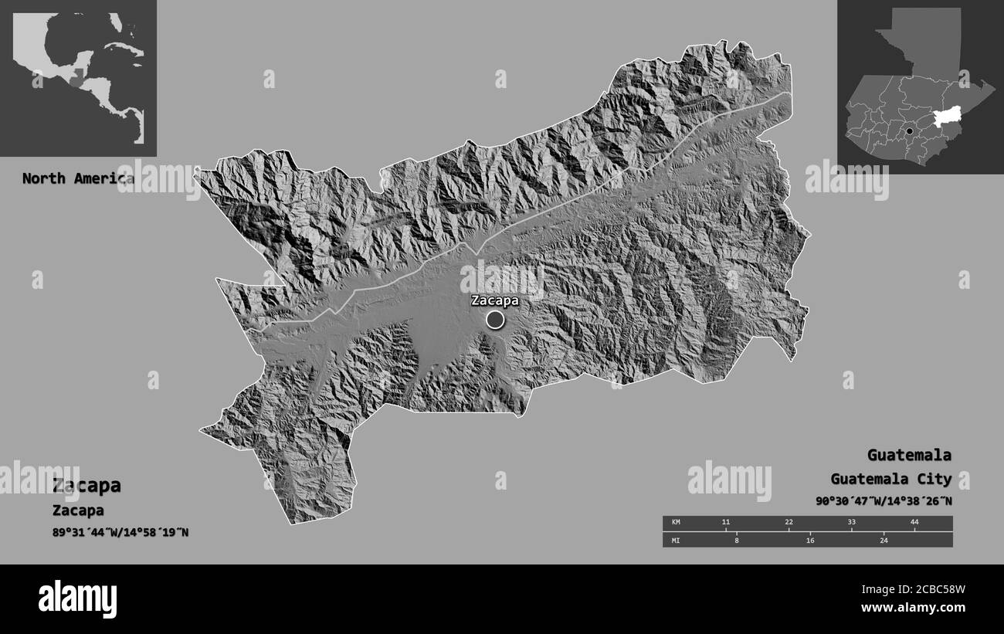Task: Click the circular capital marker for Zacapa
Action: (495, 319)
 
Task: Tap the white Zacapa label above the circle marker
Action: (495, 300)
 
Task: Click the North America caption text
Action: (77, 178)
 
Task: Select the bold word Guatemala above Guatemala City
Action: (909, 455)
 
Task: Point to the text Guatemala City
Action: (891, 479)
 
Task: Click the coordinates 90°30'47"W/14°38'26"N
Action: (884, 500)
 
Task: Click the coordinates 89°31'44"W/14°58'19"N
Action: (120, 532)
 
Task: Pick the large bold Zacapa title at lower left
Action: (86, 486)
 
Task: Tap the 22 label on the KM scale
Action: (789, 523)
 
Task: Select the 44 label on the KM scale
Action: (914, 523)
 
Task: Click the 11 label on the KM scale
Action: (725, 523)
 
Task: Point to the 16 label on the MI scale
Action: (810, 541)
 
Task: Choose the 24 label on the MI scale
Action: (884, 541)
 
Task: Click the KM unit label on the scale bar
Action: (675, 523)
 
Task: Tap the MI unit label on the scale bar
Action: (675, 541)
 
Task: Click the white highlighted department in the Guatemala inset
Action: (948, 117)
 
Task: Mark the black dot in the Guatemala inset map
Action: (910, 132)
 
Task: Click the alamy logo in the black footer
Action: (78, 599)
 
